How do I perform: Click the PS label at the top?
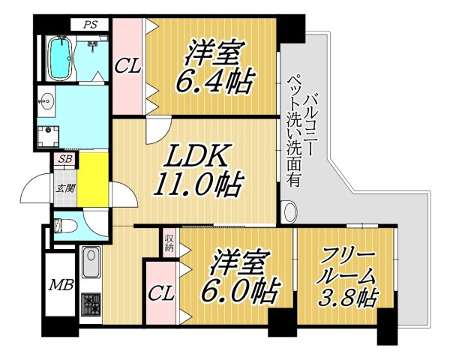point(91,24)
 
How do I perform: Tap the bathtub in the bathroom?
point(61,59)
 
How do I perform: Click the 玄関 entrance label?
point(63,188)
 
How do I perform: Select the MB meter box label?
point(61,284)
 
